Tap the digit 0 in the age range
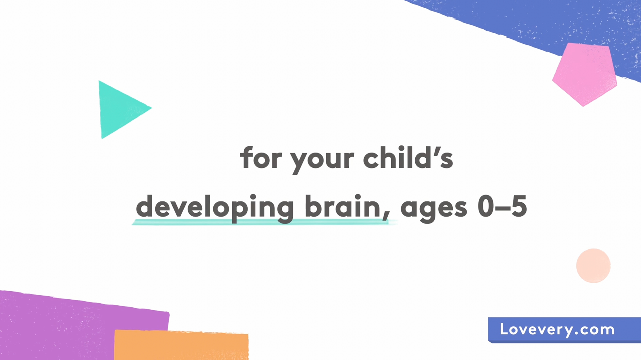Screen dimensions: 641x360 coord(486,206)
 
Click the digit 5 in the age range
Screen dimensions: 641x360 coord(519,206)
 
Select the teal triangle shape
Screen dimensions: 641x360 coord(120,109)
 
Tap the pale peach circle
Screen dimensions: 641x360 coord(593,266)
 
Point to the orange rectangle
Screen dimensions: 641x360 coord(181,345)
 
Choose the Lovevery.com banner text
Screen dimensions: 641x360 coord(557,330)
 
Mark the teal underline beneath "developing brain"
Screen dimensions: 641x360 coord(264,222)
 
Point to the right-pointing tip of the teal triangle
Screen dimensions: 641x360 coord(152,108)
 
